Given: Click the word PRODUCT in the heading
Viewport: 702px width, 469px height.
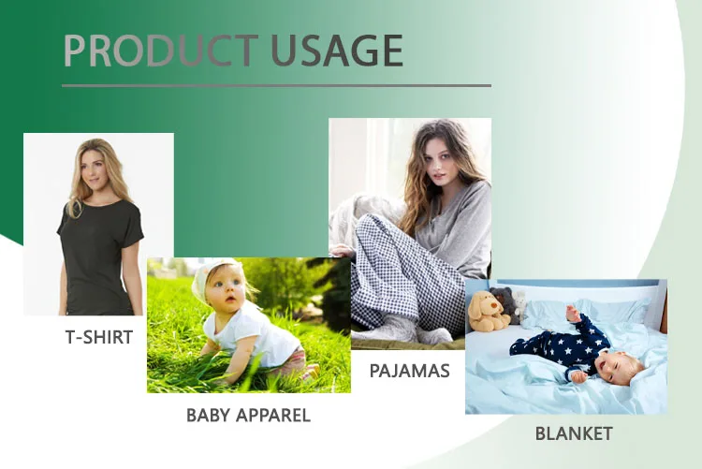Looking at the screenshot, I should pyautogui.click(x=159, y=51).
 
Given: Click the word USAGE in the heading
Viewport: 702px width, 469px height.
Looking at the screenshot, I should pyautogui.click(x=337, y=51).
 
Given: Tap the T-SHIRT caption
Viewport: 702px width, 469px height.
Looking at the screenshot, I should pyautogui.click(x=99, y=337).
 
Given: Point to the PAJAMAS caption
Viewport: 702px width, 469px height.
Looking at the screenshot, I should pyautogui.click(x=410, y=371).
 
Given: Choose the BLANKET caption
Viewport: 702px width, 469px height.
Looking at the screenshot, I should pyautogui.click(x=574, y=433).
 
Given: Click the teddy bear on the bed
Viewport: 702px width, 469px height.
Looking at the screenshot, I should pyautogui.click(x=489, y=311).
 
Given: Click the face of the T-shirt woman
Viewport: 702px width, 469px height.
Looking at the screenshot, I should pyautogui.click(x=98, y=164).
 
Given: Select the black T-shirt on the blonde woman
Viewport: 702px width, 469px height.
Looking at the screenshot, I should pyautogui.click(x=98, y=253).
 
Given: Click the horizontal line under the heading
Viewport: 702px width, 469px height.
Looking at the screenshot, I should pyautogui.click(x=276, y=85).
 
